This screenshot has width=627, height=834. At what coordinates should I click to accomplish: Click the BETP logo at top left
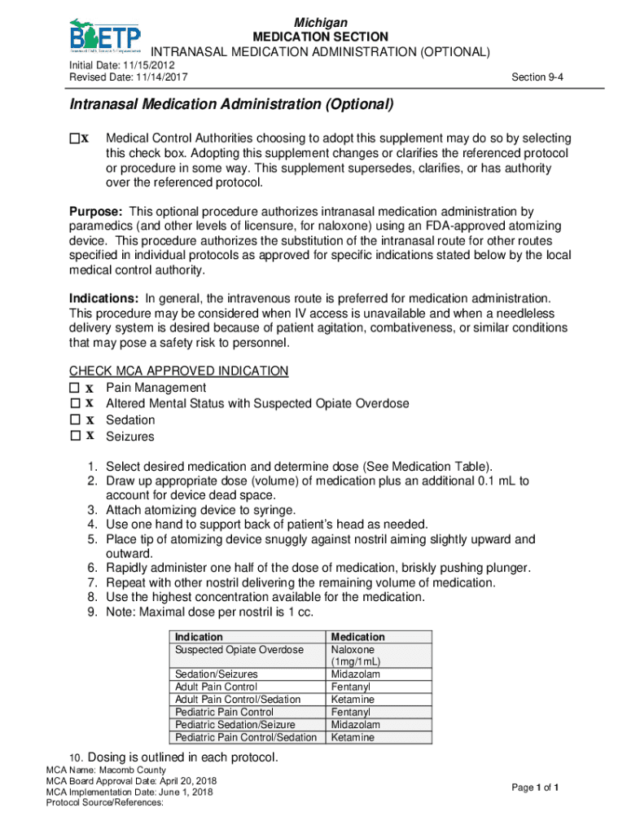[104, 36]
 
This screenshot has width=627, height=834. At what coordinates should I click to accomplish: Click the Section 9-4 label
[537, 77]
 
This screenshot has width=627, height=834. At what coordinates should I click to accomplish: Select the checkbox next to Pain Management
[75, 388]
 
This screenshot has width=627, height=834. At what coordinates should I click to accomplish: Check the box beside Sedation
[75, 420]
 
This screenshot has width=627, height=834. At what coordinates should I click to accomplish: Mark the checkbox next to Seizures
[75, 437]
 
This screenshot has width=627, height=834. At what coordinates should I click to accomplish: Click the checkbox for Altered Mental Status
[75, 404]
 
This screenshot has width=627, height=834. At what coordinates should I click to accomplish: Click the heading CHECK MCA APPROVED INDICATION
[178, 371]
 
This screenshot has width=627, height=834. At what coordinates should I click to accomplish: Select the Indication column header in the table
[199, 637]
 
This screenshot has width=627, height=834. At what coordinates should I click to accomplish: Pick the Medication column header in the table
[357, 637]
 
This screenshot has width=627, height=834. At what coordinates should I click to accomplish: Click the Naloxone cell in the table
[352, 650]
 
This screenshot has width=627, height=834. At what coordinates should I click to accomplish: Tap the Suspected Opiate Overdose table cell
[239, 650]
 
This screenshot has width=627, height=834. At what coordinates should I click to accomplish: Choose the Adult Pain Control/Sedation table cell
[238, 700]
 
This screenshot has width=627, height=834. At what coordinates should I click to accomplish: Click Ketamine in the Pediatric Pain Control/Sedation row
[353, 738]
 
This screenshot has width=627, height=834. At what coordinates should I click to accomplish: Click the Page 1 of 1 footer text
[534, 788]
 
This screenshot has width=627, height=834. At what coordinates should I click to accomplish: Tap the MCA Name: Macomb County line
[106, 770]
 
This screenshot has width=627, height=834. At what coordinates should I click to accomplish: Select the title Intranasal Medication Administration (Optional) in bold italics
[231, 105]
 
